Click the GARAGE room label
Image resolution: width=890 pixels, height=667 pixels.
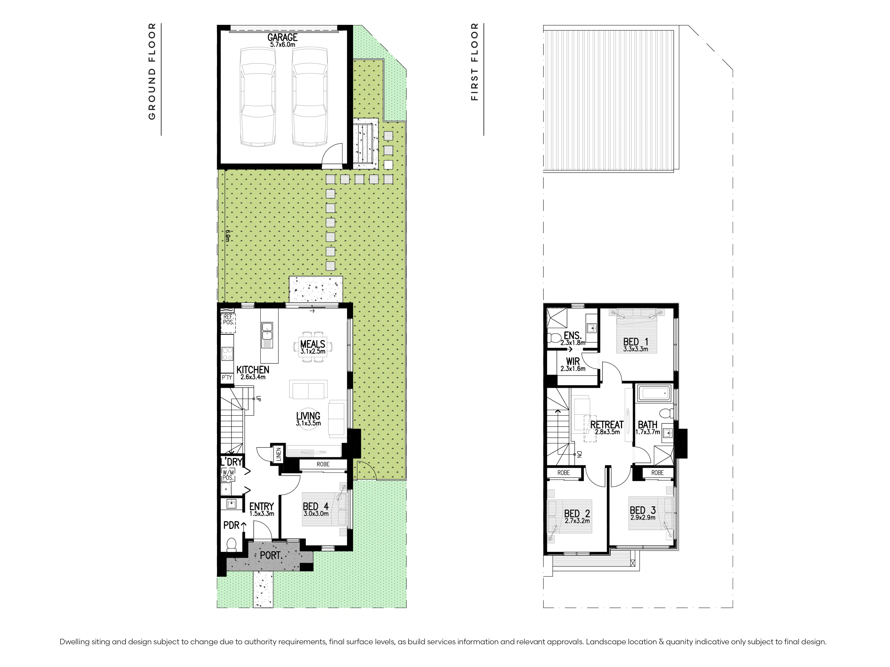(x=282, y=37)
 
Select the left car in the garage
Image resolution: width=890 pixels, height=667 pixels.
(x=258, y=97)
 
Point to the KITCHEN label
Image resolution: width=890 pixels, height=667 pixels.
(x=253, y=370)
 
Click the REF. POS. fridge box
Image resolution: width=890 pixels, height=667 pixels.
(x=228, y=323)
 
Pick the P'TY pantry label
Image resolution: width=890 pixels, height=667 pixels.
(x=227, y=377)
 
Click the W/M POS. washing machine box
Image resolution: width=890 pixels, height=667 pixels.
(x=228, y=475)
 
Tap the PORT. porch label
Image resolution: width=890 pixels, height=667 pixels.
(x=271, y=556)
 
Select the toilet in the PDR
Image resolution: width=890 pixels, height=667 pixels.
(x=231, y=545)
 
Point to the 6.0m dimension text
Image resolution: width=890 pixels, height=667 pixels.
(x=227, y=236)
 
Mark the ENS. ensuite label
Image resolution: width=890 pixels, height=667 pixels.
(x=573, y=336)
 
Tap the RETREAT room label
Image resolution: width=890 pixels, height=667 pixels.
(x=607, y=425)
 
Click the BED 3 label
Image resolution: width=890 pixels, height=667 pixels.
(x=643, y=510)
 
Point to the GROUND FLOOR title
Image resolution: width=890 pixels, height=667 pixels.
(x=152, y=71)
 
